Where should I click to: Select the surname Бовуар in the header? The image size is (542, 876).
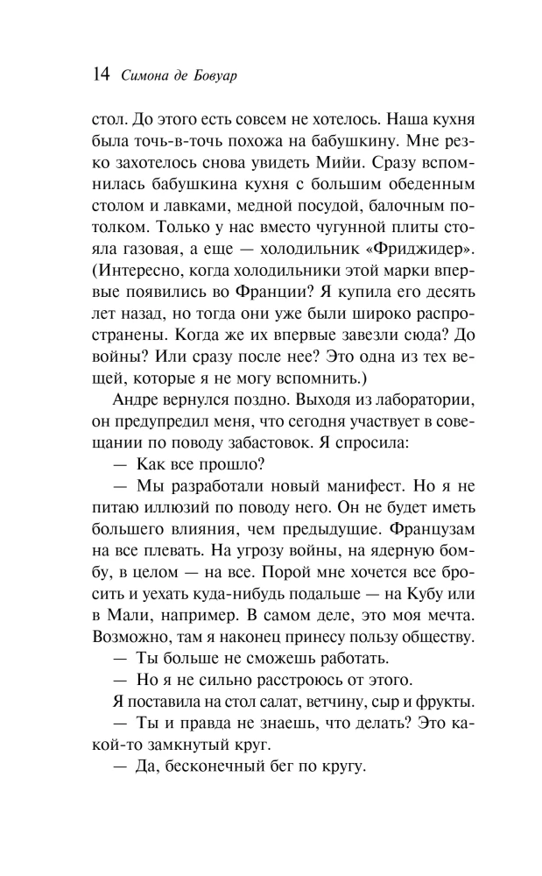pyautogui.click(x=215, y=77)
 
